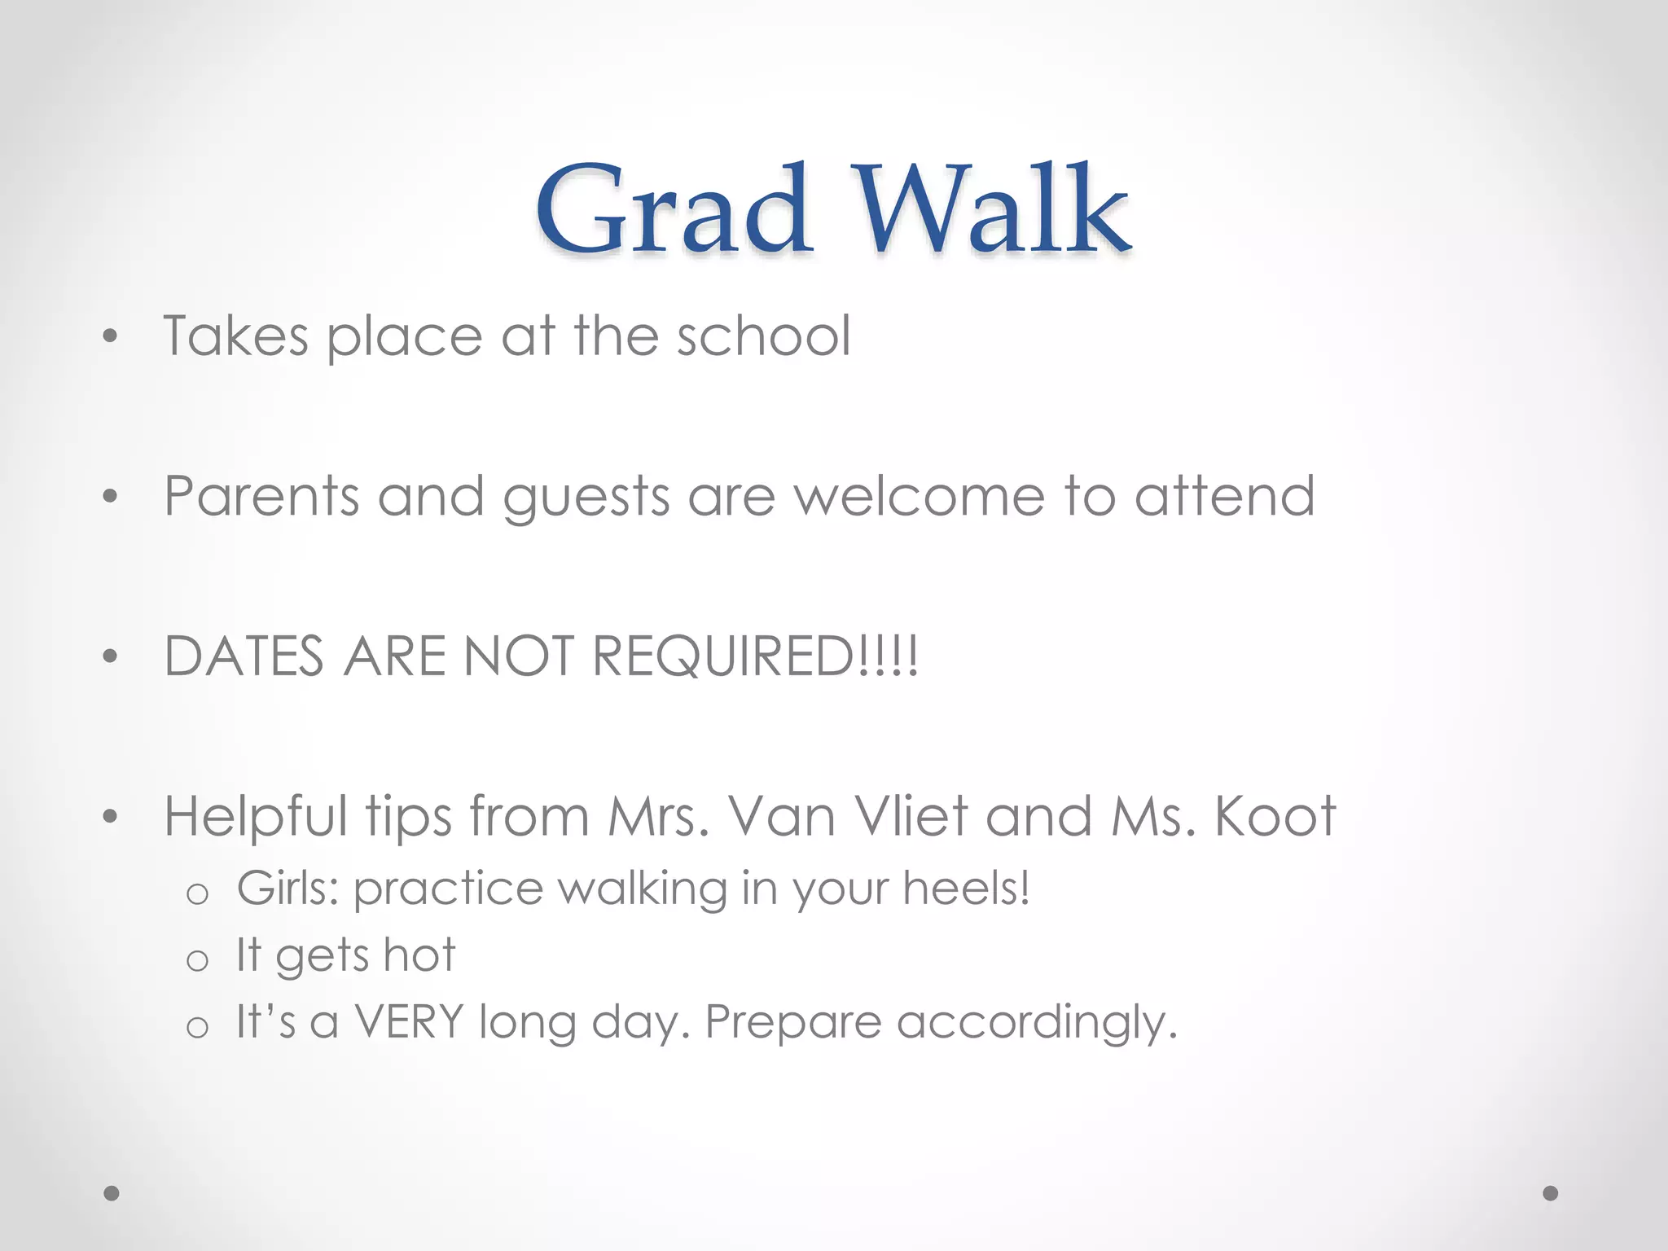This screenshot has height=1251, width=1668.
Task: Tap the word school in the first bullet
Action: [x=764, y=336]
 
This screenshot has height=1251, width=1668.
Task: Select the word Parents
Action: [x=261, y=496]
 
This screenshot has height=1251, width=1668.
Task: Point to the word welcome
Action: [x=920, y=496]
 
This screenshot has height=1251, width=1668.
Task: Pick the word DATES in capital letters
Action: [x=244, y=656]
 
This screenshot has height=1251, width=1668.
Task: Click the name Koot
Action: [x=1275, y=816]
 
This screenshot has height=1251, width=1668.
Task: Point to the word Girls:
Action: [x=288, y=888]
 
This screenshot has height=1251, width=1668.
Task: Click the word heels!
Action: [x=966, y=888]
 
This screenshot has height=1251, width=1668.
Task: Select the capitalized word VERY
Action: [x=409, y=1021]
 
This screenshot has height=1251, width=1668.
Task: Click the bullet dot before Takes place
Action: [x=111, y=336]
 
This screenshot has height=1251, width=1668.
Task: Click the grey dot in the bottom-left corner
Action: [x=112, y=1193]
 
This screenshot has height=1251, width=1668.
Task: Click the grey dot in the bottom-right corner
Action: [x=1551, y=1193]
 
